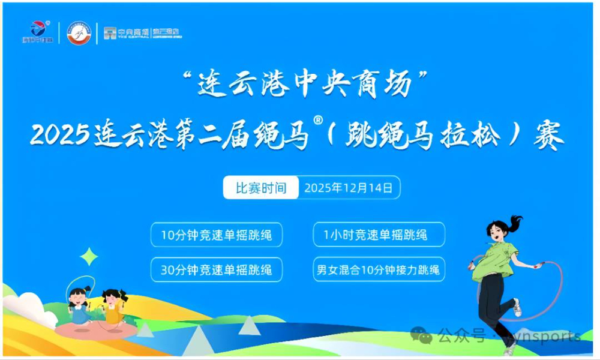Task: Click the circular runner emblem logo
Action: tap(79, 32)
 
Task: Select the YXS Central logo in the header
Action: tap(142, 33)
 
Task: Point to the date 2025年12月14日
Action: tap(349, 188)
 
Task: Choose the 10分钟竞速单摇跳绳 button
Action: tap(216, 235)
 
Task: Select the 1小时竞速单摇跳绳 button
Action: tap(379, 235)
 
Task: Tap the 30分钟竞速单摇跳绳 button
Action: tap(216, 269)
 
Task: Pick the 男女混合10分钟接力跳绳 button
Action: tap(379, 269)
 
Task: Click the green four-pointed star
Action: tap(89, 257)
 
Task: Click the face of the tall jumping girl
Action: tap(500, 232)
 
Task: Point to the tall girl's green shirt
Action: tap(494, 263)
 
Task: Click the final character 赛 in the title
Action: tap(547, 136)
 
